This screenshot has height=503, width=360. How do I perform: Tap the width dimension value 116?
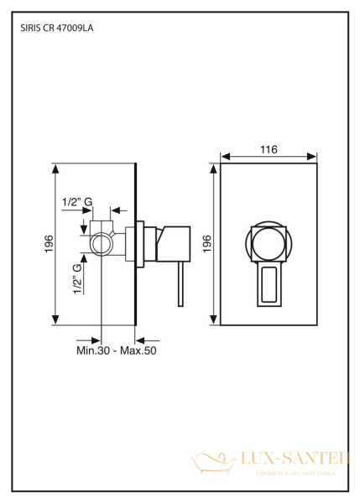click(x=268, y=149)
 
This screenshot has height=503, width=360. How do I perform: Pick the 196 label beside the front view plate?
click(x=207, y=243)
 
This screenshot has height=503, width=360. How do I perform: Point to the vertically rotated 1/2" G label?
click(x=77, y=278)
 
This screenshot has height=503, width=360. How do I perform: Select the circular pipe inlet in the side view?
click(x=102, y=244)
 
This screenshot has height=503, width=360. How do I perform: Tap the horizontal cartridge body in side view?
click(x=172, y=243)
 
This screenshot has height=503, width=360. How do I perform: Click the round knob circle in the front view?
click(x=268, y=243)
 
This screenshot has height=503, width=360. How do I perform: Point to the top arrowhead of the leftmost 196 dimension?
click(x=56, y=167)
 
